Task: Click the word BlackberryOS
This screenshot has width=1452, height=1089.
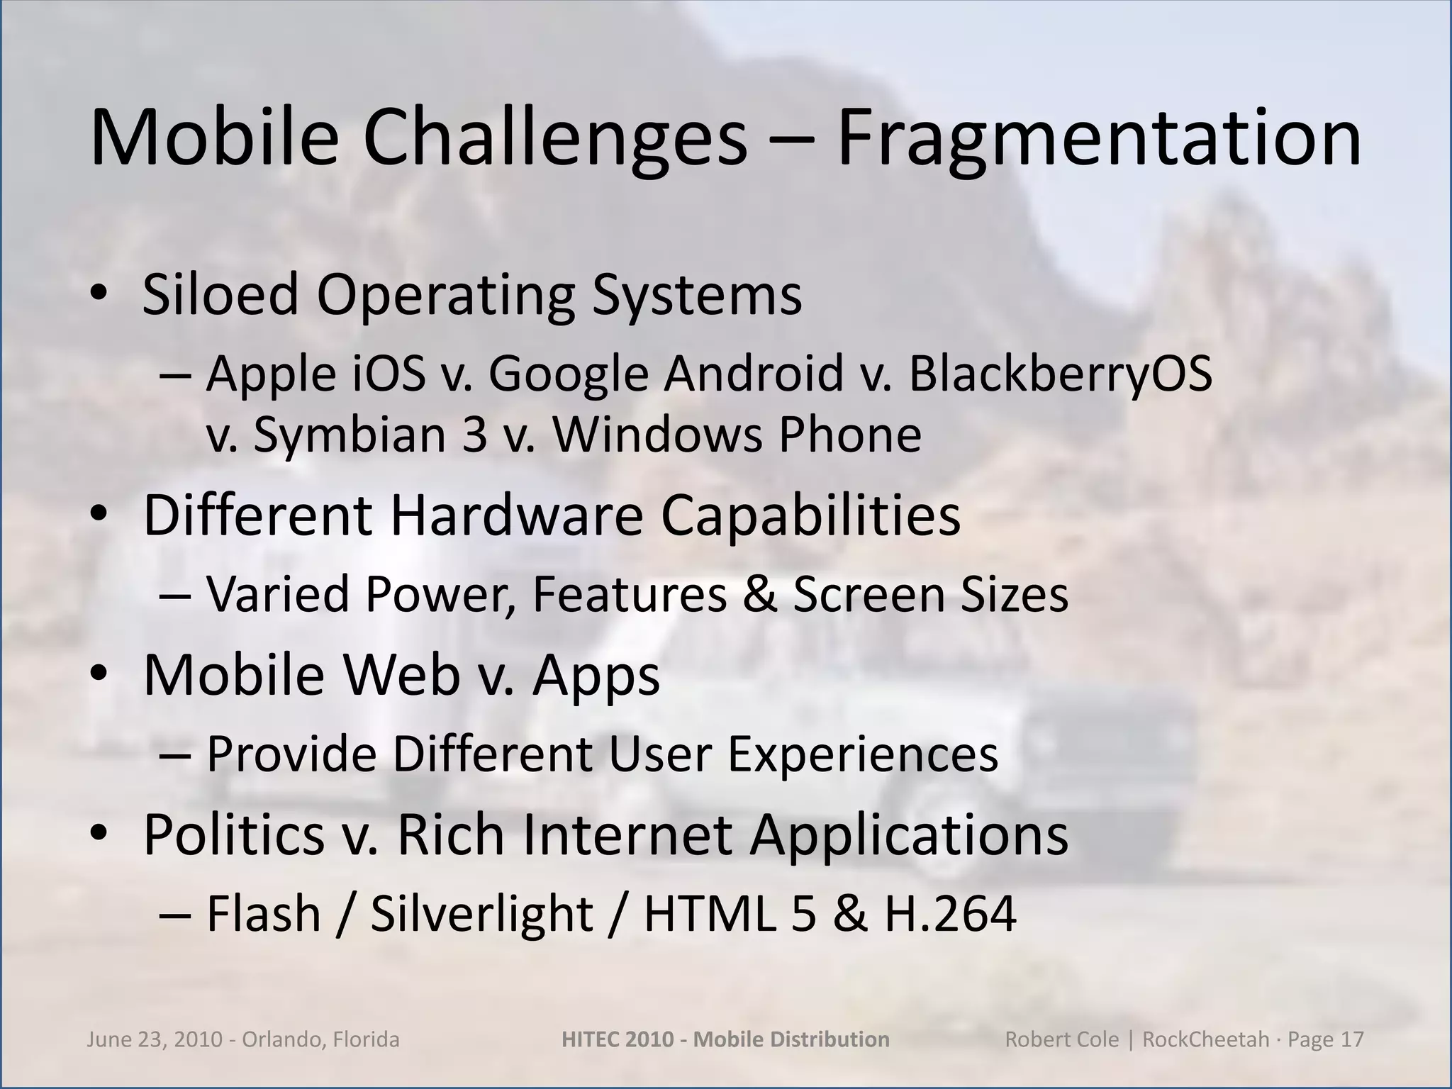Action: point(1061,374)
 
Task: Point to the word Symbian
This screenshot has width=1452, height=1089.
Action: point(349,434)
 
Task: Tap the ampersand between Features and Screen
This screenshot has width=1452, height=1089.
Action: point(759,594)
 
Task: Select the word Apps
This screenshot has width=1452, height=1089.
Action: point(596,675)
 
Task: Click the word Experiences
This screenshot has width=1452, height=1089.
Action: point(863,754)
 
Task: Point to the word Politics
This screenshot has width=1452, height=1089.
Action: point(234,834)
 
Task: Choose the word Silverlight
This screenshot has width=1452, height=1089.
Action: point(482,914)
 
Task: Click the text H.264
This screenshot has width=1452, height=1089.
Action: point(950,914)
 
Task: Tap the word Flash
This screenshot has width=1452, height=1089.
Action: point(264,914)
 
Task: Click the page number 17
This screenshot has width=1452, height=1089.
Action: point(1352,1039)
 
